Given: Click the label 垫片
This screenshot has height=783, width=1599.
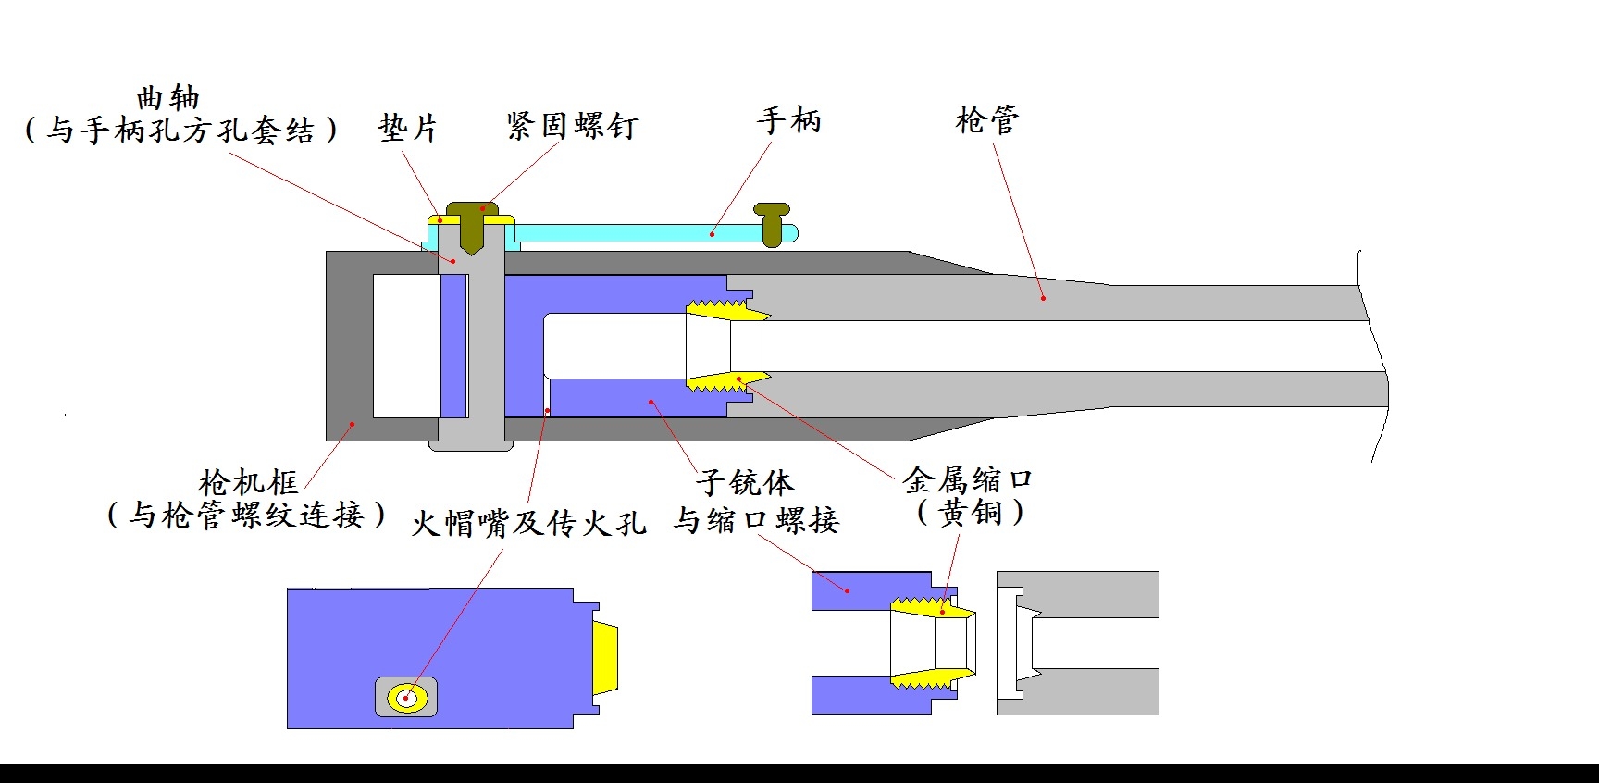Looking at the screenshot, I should click(x=407, y=128).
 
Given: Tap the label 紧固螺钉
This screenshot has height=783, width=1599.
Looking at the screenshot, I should click(x=572, y=125).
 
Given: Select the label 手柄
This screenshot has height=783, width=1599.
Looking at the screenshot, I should click(x=788, y=119).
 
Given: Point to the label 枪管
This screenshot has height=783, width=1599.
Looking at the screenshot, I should click(x=986, y=119).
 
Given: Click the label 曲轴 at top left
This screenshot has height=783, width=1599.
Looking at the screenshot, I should click(x=167, y=97).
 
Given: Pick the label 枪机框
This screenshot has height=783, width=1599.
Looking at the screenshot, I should click(x=248, y=481).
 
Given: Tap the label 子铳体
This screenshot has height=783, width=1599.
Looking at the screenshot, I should click(x=745, y=481).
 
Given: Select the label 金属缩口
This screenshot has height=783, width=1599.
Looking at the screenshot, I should click(x=967, y=479).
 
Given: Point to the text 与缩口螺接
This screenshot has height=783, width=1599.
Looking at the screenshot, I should click(x=755, y=520).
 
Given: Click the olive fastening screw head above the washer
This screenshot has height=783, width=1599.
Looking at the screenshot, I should click(x=472, y=209).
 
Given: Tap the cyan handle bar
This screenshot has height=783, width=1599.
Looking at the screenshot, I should click(x=638, y=232).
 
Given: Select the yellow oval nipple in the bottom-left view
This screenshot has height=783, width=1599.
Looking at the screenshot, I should click(x=406, y=698).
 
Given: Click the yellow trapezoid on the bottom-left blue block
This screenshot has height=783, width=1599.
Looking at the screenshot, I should click(x=605, y=658).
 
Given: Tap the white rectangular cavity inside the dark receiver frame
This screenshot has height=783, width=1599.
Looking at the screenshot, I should click(x=406, y=345).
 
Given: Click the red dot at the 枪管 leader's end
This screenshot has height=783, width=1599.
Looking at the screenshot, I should click(x=1043, y=298).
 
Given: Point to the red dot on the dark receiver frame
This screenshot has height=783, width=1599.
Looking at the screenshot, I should click(x=352, y=424).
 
